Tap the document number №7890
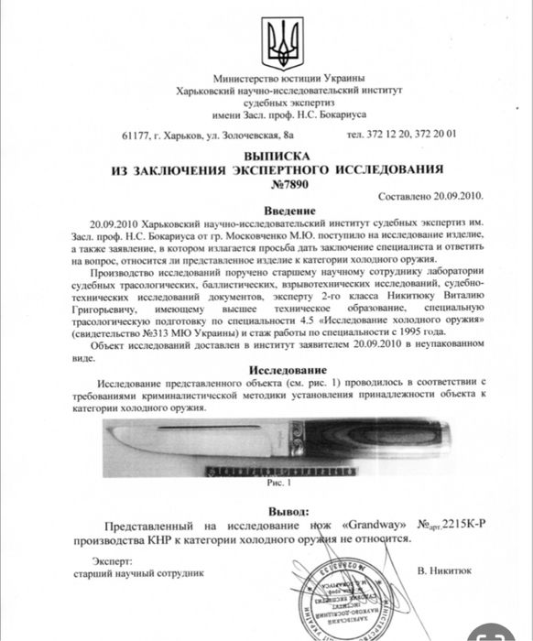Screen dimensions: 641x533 277,184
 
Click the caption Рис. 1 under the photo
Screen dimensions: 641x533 277,480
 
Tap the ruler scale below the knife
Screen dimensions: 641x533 266,469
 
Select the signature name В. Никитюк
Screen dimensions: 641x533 443,571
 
